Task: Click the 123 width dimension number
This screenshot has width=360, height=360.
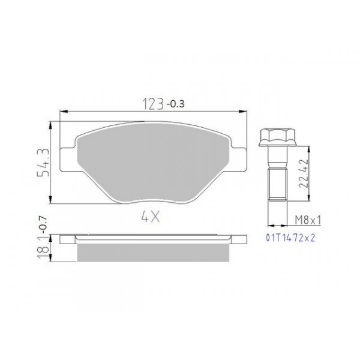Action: (152, 104)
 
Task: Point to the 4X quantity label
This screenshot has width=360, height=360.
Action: (151, 217)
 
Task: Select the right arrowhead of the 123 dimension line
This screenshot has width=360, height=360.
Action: (244, 112)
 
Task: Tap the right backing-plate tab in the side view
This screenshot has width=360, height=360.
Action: (238, 239)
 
